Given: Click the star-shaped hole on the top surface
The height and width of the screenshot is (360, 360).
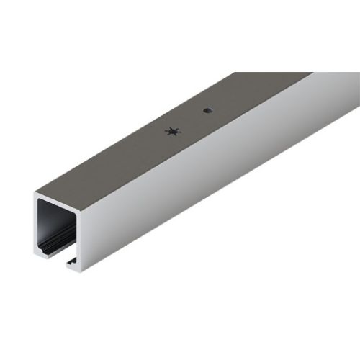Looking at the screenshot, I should tap(171, 131).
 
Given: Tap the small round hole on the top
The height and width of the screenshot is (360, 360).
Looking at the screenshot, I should tap(207, 111).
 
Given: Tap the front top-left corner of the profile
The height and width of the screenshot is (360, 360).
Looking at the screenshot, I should tap(34, 192).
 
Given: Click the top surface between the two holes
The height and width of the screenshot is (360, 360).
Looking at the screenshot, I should tap(189, 121).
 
